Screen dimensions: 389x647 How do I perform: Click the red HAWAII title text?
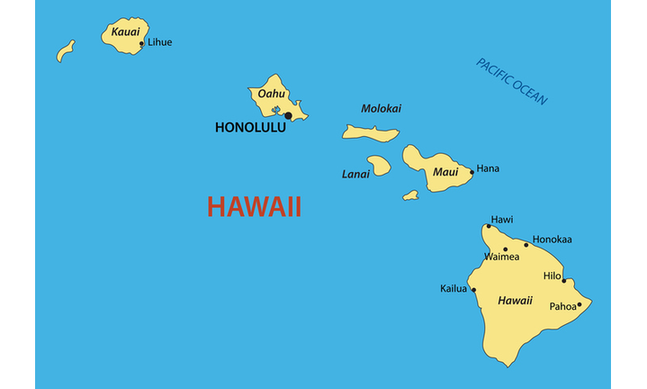tap(254, 207)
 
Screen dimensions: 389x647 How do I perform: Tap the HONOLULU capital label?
tap(250, 128)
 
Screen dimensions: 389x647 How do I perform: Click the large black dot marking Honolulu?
tap(288, 115)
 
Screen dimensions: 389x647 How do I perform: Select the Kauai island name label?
tap(125, 32)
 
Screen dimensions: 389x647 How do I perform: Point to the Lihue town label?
tap(159, 42)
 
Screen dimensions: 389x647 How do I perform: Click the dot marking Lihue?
tap(141, 42)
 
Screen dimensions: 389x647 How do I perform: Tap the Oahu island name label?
tap(271, 94)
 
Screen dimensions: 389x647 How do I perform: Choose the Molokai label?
tap(381, 109)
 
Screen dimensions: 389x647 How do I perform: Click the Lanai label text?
tap(355, 174)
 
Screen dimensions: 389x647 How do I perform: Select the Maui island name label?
tap(445, 171)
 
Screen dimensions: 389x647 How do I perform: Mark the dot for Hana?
tap(472, 172)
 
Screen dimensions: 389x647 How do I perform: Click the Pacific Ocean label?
tap(511, 82)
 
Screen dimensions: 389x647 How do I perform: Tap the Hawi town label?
tap(501, 219)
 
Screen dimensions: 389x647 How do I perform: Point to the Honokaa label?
tap(552, 240)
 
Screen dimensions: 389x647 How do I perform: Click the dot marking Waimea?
tap(505, 249)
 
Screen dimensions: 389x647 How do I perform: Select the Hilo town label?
tap(552, 276)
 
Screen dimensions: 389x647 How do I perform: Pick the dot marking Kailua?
tap(474, 290)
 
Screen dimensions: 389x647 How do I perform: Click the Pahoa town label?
tap(562, 306)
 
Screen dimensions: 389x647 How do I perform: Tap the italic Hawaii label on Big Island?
tap(515, 301)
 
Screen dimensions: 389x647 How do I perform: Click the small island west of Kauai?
tap(65, 51)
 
